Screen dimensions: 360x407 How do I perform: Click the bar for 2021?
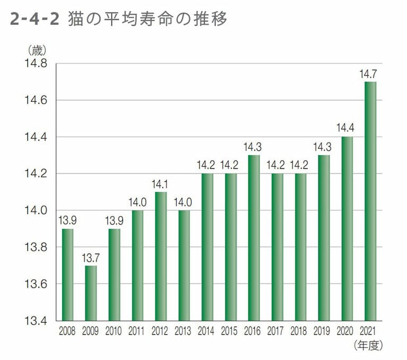point(370,201)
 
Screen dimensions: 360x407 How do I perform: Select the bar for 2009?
point(91,293)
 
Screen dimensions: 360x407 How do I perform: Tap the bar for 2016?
point(254,238)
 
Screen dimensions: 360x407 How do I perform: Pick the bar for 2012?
point(160,256)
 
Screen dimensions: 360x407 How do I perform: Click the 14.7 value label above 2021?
point(368,74)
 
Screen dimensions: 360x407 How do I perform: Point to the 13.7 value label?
point(91,258)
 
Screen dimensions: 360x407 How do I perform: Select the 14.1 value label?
point(160,184)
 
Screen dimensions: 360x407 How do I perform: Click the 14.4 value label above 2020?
point(347,128)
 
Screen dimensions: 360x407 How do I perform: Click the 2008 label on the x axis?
point(67,331)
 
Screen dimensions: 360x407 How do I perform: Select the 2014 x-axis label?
point(207,331)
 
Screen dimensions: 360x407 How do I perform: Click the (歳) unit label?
point(37,51)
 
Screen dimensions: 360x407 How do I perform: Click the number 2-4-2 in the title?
point(34,20)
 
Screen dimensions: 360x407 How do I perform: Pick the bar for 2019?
point(323,238)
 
